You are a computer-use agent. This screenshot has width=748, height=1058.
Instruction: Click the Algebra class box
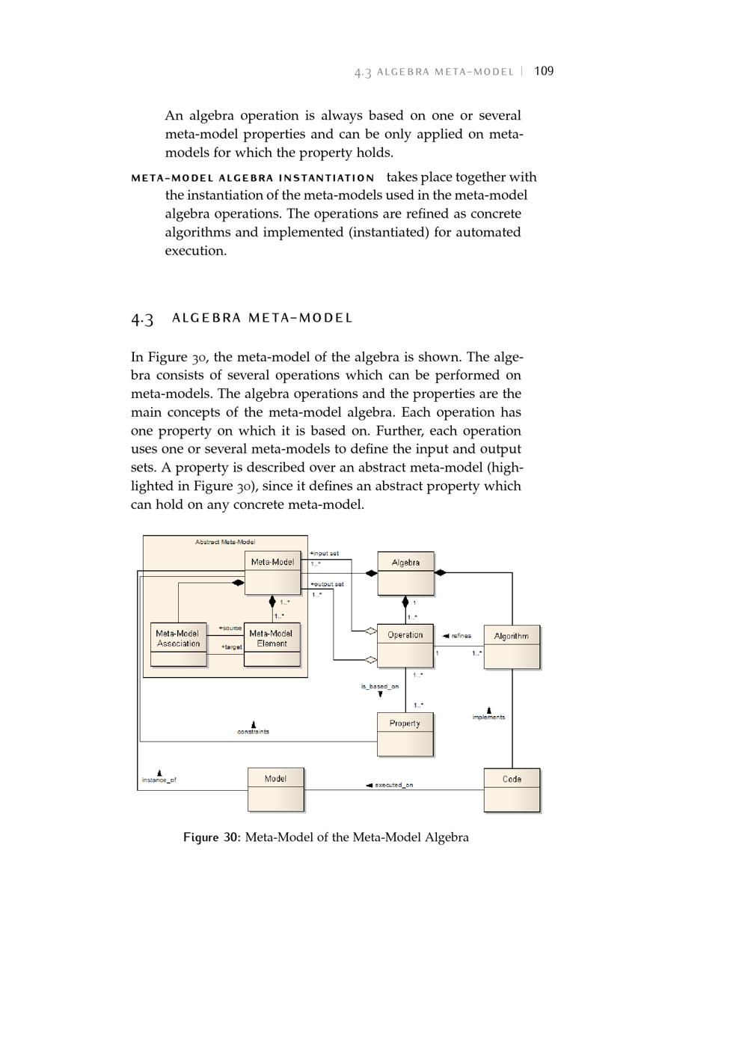[x=405, y=573]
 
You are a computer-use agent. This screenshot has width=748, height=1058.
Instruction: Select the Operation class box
[x=405, y=645]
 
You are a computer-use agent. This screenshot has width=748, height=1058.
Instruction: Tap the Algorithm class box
[x=512, y=646]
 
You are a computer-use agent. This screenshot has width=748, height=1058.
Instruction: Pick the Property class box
[x=405, y=733]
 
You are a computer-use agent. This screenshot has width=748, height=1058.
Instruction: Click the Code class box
[x=512, y=789]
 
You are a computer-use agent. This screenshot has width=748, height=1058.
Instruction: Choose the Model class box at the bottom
[x=275, y=789]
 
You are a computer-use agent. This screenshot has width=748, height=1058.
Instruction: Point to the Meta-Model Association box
[x=178, y=644]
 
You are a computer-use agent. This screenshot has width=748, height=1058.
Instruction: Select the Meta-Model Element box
[x=272, y=644]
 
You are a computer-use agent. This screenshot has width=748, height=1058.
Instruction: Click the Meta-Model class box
[x=272, y=572]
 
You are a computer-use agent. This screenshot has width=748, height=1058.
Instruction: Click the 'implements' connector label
[x=488, y=717]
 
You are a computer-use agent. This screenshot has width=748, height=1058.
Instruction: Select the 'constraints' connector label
[x=254, y=731]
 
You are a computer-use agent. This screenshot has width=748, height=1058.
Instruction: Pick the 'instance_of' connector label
[x=159, y=780]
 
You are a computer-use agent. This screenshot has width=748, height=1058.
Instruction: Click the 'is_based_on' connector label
[x=380, y=686]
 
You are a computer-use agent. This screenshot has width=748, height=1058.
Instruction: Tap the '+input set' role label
[x=325, y=554]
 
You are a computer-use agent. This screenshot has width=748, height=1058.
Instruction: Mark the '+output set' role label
[x=327, y=584]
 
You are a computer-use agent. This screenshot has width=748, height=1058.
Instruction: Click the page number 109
[x=544, y=71]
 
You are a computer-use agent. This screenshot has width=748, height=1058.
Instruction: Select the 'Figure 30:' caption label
[x=212, y=837]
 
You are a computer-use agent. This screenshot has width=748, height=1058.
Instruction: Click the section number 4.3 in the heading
[x=142, y=319]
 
